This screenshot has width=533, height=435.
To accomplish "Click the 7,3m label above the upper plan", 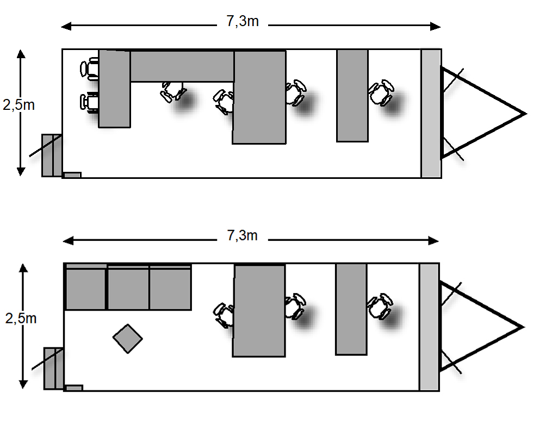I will [243, 22].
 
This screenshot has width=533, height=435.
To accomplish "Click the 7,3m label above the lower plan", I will [243, 235].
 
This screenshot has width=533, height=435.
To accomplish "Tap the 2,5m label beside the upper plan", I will [19, 105].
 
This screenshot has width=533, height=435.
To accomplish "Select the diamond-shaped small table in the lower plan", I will [127, 339].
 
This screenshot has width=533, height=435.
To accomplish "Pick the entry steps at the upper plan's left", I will [51, 155].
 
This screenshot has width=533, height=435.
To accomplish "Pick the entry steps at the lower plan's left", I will [53, 368].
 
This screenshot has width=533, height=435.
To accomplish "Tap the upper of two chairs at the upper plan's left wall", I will [90, 69].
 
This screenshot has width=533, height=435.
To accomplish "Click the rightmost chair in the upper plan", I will [382, 92].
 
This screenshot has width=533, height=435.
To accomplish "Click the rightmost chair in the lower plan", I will [380, 307].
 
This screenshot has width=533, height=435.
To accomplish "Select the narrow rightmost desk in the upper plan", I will [352, 96].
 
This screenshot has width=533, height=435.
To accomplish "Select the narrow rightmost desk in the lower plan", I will [351, 309].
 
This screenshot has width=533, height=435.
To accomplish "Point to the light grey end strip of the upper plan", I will [431, 113].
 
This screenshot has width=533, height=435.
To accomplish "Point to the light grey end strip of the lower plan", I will [429, 327].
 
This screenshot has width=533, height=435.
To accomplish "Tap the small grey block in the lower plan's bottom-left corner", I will [73, 388].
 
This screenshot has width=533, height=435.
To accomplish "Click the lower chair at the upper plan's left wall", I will [90, 102].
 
